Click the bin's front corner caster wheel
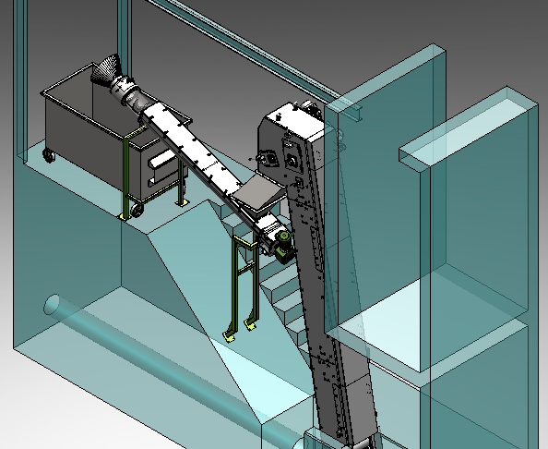click(x=137, y=212)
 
